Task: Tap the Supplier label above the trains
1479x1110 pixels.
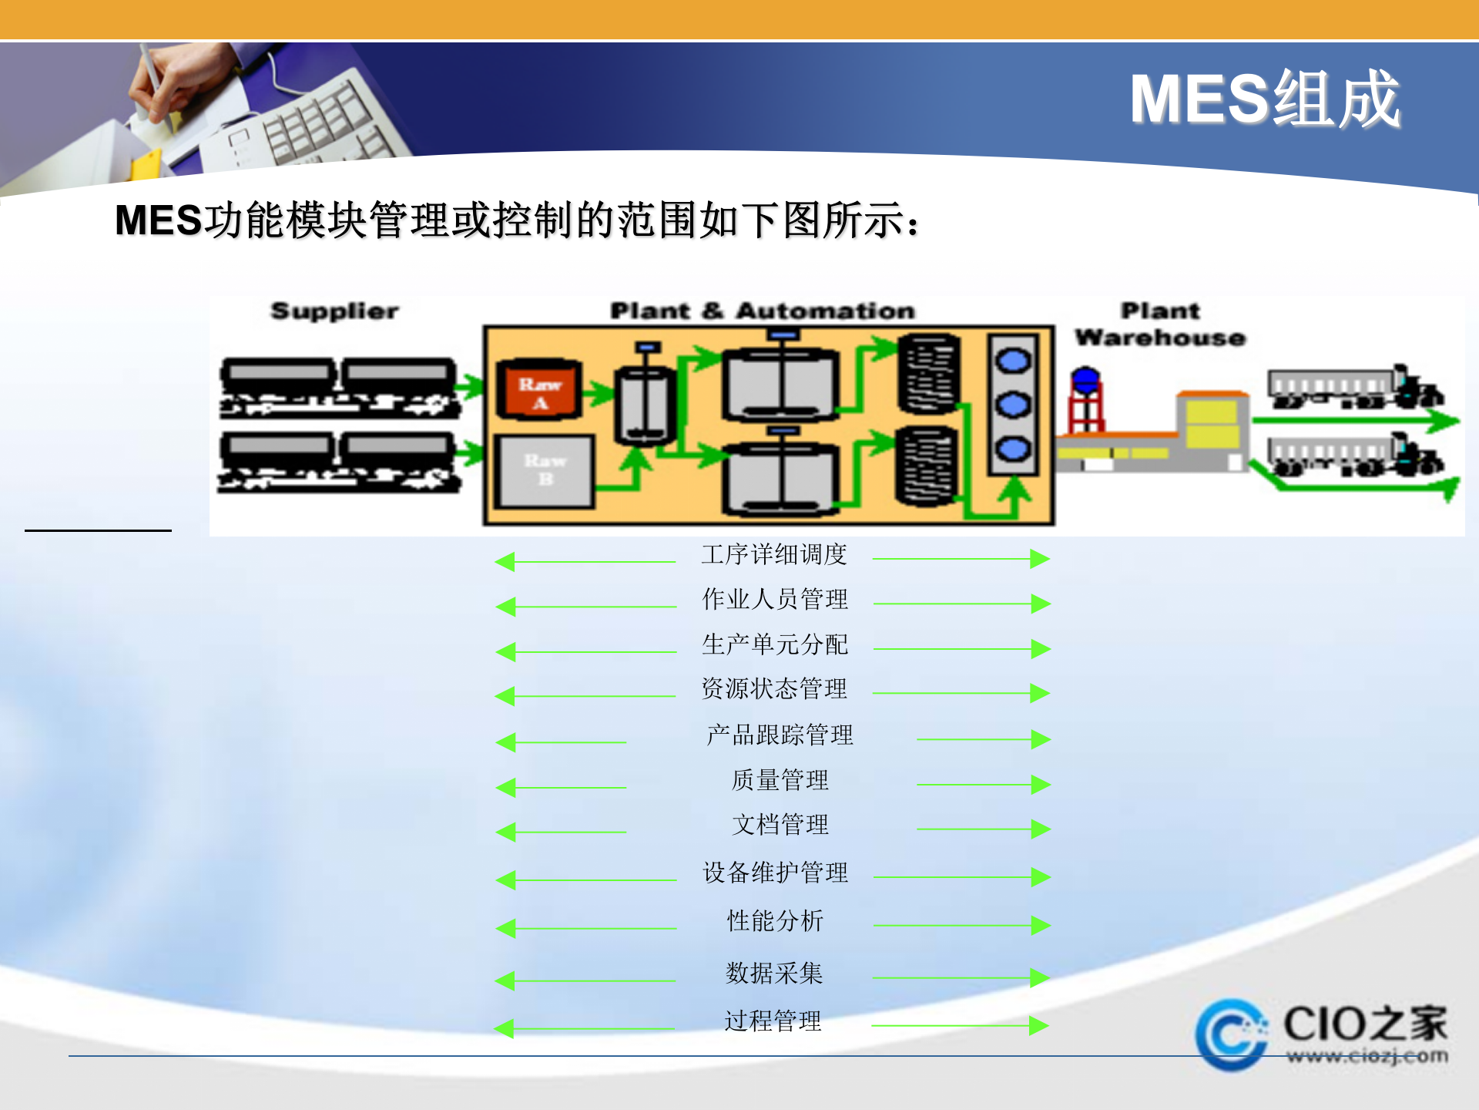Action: pos(334,311)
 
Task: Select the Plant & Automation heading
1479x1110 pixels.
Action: pos(762,311)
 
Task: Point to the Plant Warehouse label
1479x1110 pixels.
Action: pos(1159,324)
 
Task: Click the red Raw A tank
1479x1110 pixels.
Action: pos(539,390)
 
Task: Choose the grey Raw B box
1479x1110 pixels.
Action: pos(545,471)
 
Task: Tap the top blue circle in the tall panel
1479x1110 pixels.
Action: pos(1013,361)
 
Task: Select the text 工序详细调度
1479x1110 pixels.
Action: pos(774,554)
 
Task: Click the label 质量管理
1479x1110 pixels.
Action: pos(780,780)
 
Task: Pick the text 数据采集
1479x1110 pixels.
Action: pos(774,973)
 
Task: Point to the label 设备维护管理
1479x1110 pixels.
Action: pos(775,873)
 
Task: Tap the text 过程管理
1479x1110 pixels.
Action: pos(773,1021)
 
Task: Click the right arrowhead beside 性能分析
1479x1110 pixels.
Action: pos(1040,925)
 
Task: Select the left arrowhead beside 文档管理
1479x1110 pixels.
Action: pos(506,832)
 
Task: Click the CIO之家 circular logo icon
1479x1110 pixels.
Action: pos(1231,1034)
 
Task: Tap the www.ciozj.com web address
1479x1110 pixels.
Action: pos(1367,1056)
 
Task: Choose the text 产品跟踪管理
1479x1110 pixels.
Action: pos(780,735)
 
